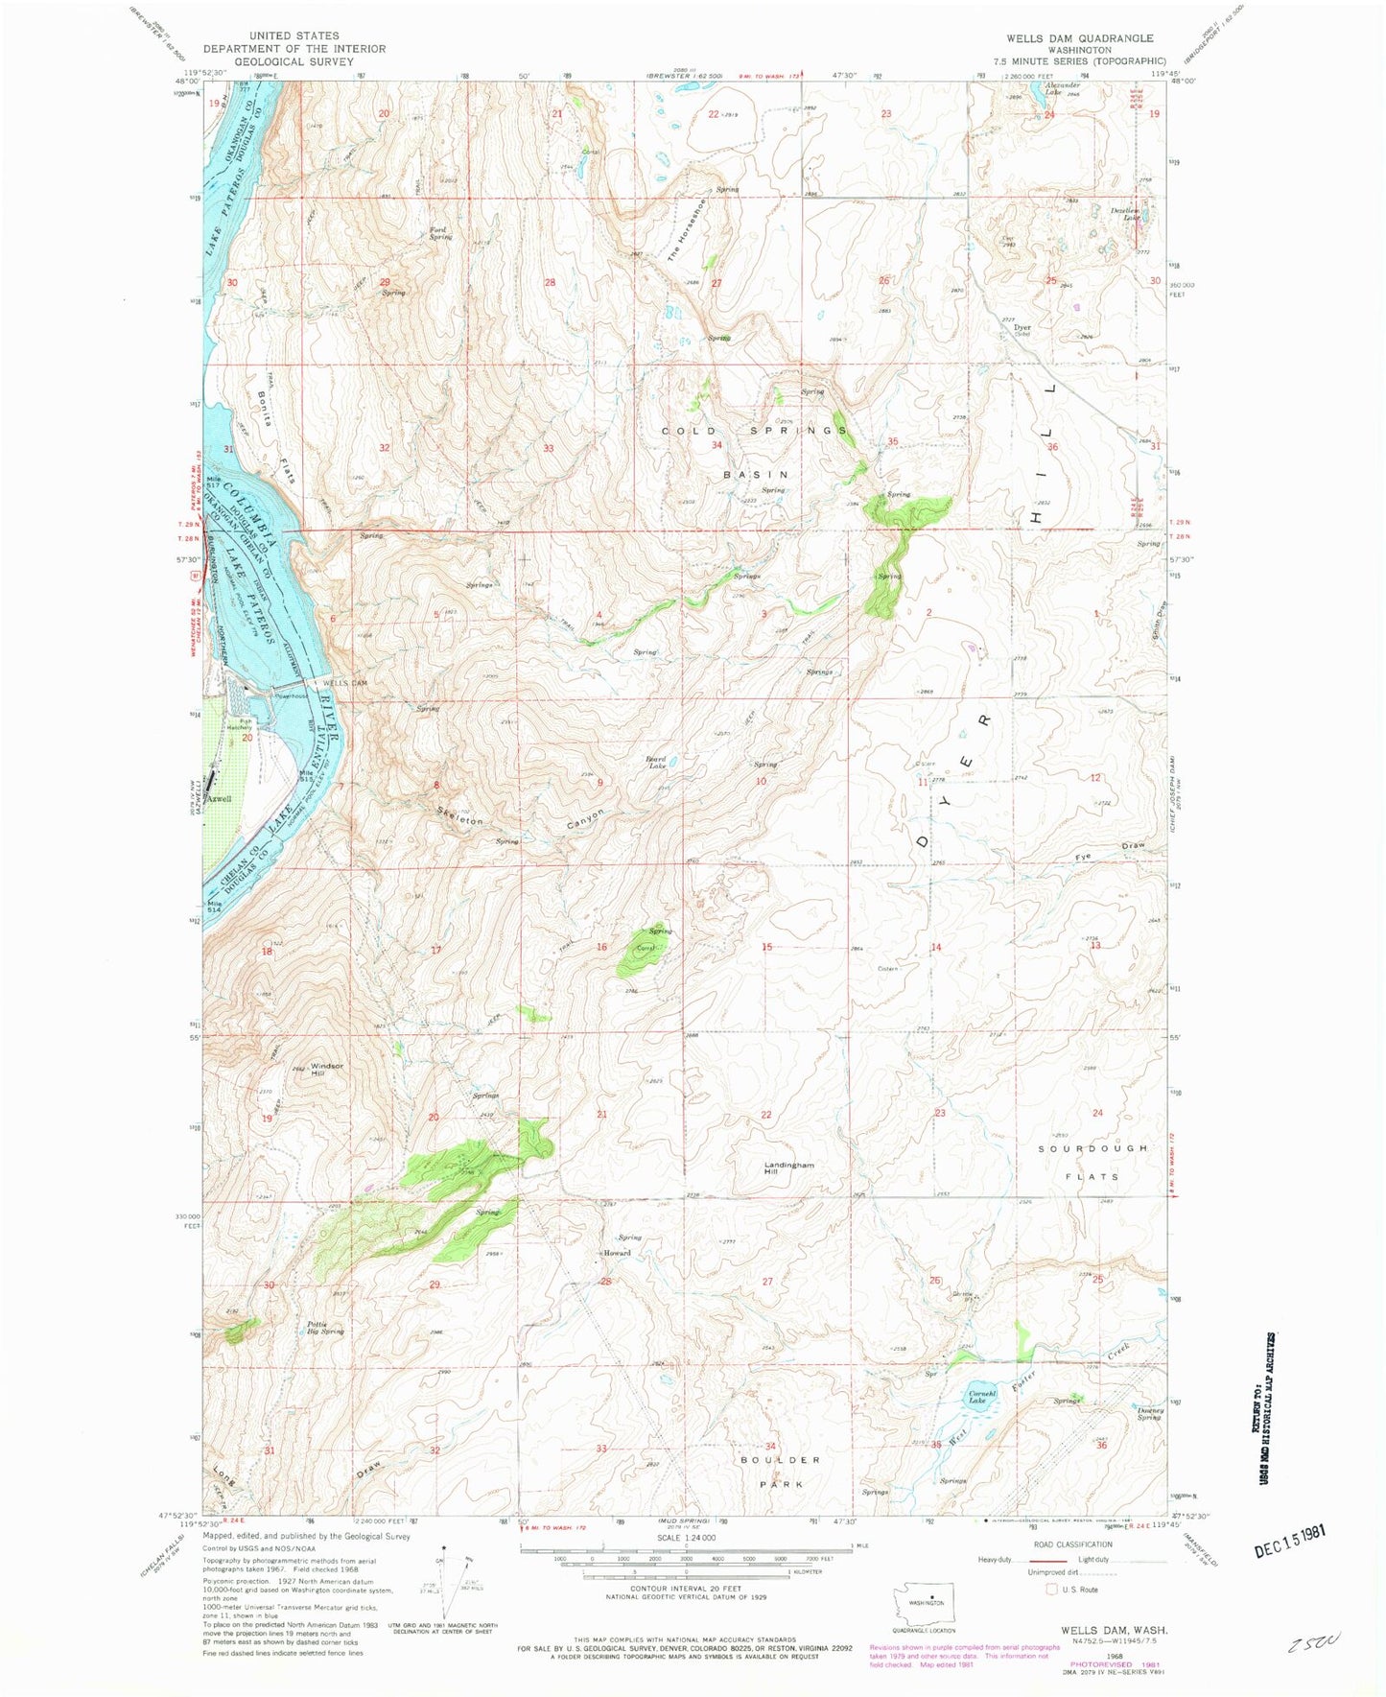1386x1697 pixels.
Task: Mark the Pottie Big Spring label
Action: click(325, 1328)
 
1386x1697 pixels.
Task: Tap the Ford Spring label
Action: click(439, 233)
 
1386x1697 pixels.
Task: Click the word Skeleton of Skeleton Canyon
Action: click(459, 817)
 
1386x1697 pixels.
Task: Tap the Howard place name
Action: click(616, 1253)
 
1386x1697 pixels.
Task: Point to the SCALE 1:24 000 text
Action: click(685, 1537)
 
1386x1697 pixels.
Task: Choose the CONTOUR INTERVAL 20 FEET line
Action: click(685, 1615)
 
